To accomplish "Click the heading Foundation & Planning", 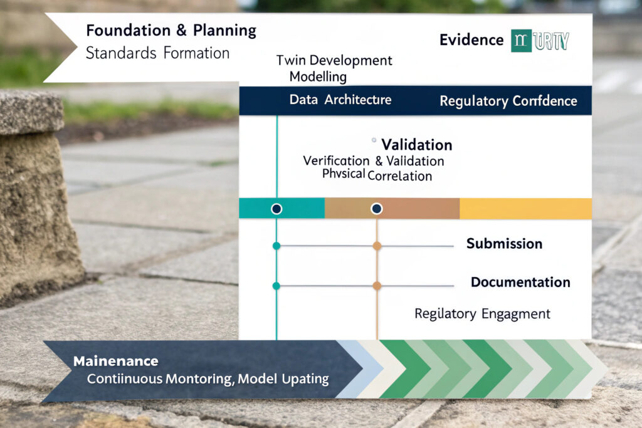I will coord(171,30).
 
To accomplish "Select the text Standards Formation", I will coord(157,53).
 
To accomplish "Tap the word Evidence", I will coord(471,40).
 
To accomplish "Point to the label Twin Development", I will coord(334,61).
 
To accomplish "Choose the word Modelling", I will coord(318,76).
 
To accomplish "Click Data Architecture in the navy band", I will coord(340,100).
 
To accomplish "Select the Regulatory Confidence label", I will coord(508,101).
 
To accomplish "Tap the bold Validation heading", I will coord(416,145).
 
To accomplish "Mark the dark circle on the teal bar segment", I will coord(276,209).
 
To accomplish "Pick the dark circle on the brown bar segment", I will coord(377,209).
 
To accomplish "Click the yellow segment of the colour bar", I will coord(525,209).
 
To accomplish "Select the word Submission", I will coord(504,244).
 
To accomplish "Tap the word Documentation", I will coord(520,282).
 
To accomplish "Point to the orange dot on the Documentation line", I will coord(377,286).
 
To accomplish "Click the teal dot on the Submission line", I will coord(276,246).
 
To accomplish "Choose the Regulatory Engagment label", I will coord(482,313).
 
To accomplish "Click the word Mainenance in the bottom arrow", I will coord(115,362).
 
